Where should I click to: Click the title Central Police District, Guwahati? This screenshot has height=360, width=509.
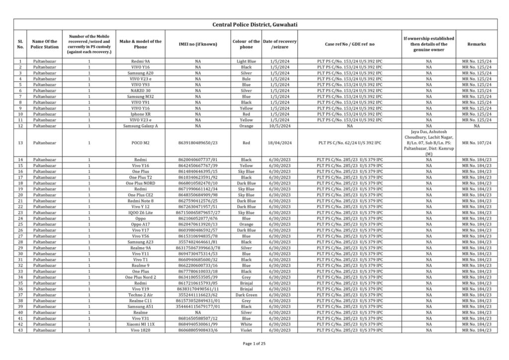point(254,24)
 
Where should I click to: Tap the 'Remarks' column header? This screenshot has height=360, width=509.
point(476,44)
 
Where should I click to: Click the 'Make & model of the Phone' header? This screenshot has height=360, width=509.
point(141,44)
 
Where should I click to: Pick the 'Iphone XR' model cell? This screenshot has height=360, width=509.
point(141,114)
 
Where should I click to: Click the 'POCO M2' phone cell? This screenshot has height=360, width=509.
point(141,143)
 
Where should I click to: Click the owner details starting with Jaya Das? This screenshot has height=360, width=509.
point(428,143)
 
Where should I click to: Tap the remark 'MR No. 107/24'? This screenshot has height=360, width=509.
point(476,143)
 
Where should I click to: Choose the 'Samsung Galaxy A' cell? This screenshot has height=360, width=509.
point(141,126)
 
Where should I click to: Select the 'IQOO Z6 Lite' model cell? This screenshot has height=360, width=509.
point(141,212)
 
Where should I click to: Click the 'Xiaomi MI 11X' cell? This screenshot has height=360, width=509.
point(141,324)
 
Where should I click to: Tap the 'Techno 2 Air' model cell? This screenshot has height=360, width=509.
point(141,295)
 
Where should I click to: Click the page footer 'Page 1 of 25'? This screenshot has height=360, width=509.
point(254,344)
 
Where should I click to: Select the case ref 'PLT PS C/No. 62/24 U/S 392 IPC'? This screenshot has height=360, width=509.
point(349,143)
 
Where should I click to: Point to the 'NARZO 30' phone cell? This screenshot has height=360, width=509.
point(141,90)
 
